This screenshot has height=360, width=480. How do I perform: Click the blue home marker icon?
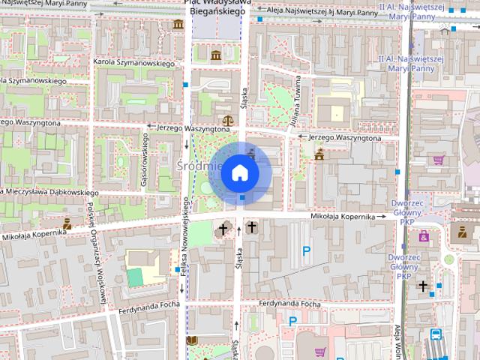[240, 172]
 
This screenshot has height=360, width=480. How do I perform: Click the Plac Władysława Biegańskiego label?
[216, 7]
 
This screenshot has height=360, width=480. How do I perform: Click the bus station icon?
[436, 334]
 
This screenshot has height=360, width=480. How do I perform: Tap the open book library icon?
[192, 341]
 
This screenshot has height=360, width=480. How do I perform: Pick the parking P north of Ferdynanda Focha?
[305, 251]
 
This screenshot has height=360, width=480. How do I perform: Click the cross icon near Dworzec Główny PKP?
[423, 286]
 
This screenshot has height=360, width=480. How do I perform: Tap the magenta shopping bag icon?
[439, 160]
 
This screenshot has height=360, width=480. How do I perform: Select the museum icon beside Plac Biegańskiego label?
[178, 25]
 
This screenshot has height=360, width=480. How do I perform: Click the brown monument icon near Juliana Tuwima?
[319, 155]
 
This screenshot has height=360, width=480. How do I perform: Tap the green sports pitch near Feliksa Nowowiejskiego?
[134, 276]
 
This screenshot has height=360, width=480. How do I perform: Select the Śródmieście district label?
[196, 164]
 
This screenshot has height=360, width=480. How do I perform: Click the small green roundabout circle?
[449, 259]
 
